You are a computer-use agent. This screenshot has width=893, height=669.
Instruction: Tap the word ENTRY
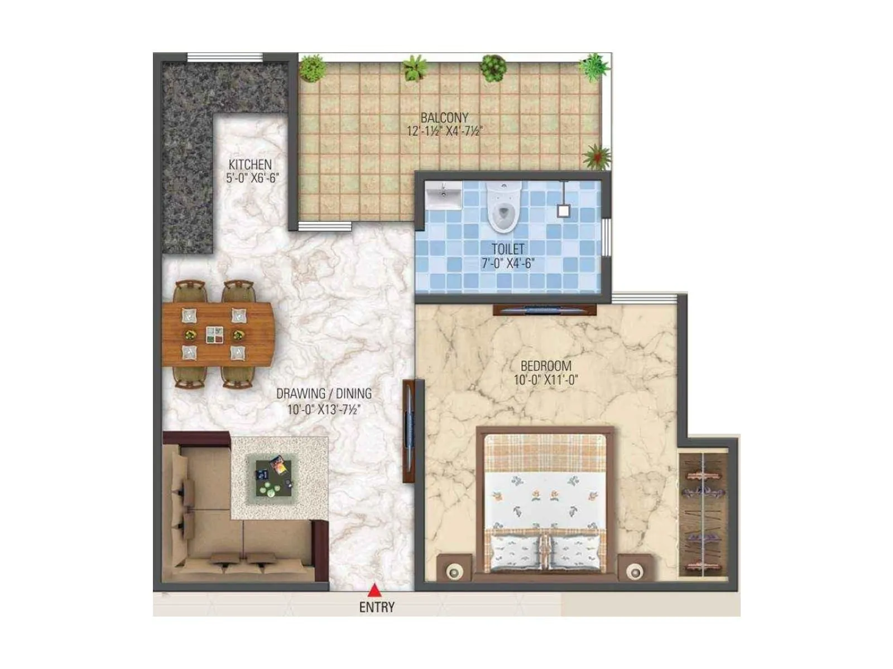[x=377, y=607]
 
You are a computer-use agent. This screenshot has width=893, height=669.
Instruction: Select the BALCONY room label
[x=444, y=118]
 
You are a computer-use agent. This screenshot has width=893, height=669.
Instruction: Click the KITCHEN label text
[x=250, y=165]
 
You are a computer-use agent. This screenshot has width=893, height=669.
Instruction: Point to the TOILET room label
[x=508, y=249]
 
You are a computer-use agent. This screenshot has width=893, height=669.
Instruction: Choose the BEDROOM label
[x=546, y=366]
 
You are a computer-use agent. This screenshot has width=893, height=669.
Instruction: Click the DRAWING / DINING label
[x=324, y=394]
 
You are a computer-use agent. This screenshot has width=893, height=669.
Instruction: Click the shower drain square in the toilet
[x=564, y=211]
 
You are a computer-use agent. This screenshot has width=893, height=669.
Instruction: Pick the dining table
[x=218, y=334]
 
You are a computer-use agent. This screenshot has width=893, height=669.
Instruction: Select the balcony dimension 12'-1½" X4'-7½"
[x=444, y=132]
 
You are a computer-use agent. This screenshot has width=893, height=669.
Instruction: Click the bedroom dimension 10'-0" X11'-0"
[x=546, y=380]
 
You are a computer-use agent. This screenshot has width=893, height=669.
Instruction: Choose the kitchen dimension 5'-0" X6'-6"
[x=252, y=178]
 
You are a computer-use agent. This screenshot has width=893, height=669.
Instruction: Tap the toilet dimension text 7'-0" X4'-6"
[x=508, y=263]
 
